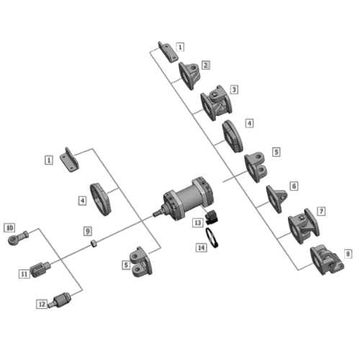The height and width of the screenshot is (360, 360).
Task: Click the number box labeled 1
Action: (x=179, y=46)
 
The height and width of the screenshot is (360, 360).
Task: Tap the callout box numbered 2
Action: (x=206, y=65)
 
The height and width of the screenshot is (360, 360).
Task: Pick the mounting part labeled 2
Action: (x=191, y=73)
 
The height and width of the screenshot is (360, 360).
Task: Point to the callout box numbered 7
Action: (x=321, y=211)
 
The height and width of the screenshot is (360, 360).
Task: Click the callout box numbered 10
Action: (x=9, y=228)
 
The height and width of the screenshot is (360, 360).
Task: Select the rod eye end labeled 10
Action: (x=18, y=237)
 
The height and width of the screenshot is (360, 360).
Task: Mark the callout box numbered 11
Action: (x=23, y=274)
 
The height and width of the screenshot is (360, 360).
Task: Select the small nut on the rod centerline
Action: (x=94, y=243)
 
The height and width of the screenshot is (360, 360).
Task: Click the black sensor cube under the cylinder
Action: (x=212, y=217)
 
